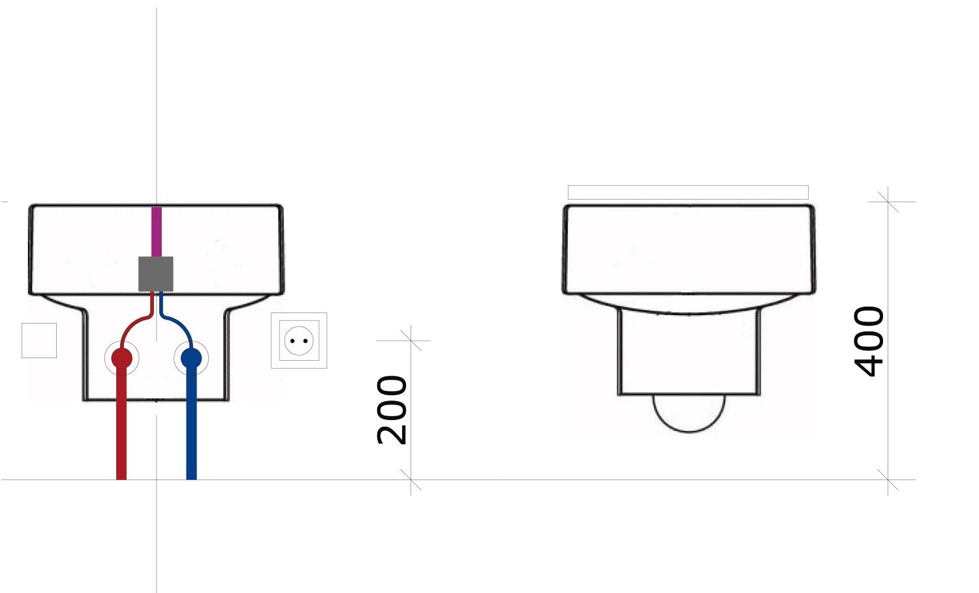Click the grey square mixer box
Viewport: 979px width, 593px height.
point(155,274)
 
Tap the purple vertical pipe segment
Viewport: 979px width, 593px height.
point(157,232)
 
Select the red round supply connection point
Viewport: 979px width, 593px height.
point(121,358)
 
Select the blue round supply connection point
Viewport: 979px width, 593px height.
point(191,358)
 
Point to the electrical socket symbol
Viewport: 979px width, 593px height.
point(299,341)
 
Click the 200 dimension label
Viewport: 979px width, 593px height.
point(392,410)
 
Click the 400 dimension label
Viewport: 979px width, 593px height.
point(869,341)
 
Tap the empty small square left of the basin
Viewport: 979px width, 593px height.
point(39,341)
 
